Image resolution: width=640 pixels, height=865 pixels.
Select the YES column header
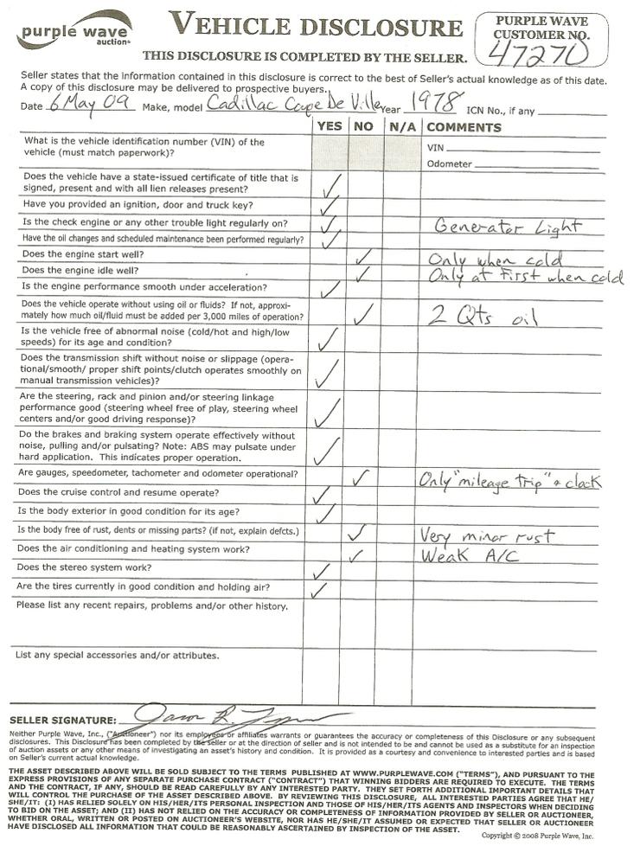tap(329, 127)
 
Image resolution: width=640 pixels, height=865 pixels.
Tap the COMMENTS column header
tap(464, 127)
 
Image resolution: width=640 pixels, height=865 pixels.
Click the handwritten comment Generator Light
tap(507, 227)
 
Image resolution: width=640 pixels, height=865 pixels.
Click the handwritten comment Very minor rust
tap(487, 535)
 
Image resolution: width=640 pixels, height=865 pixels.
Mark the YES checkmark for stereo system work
tap(321, 570)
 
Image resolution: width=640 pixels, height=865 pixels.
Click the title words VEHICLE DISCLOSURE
tap(317, 26)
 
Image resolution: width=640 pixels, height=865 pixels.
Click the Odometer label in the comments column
tap(449, 164)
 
